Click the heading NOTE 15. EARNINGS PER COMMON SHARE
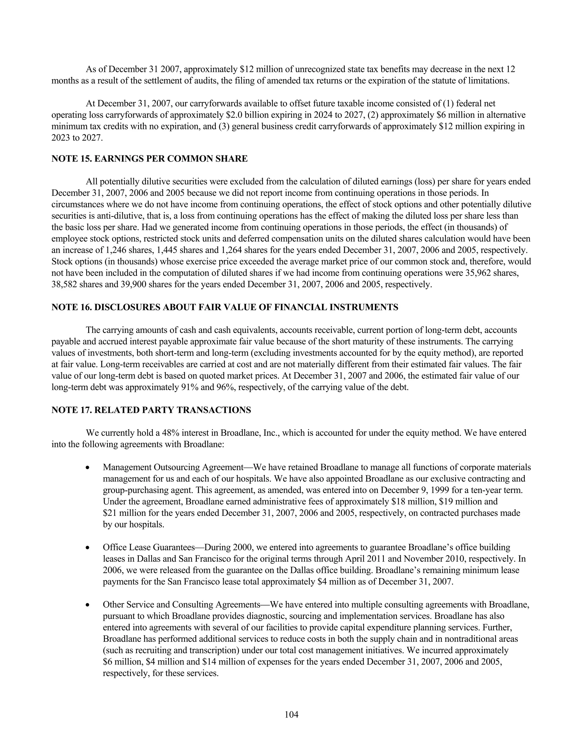pyautogui.click(x=149, y=159)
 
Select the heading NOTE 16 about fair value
pyautogui.click(x=225, y=307)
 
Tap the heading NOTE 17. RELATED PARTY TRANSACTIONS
pyautogui.click(x=151, y=410)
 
